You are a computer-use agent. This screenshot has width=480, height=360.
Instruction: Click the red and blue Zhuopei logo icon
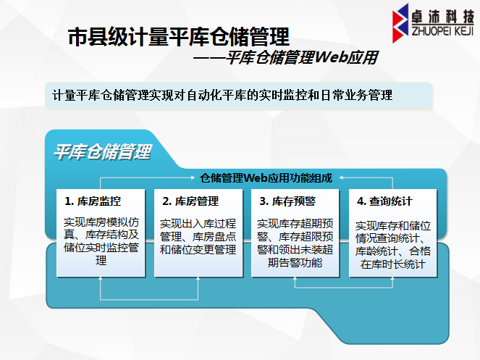[400, 23]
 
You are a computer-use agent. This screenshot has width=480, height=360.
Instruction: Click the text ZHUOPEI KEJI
[442, 31]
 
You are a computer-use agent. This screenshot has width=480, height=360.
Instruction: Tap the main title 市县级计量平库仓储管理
[179, 37]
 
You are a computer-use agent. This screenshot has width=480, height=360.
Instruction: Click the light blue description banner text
[222, 96]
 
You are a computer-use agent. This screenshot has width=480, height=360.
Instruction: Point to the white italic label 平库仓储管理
[103, 151]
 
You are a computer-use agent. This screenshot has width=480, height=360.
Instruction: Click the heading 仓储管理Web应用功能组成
[266, 177]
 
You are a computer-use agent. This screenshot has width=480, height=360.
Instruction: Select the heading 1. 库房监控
[93, 201]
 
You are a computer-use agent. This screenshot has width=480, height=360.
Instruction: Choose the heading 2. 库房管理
[190, 201]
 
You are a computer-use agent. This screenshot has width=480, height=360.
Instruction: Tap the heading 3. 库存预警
[287, 201]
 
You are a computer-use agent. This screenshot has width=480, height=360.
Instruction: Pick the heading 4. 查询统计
[384, 201]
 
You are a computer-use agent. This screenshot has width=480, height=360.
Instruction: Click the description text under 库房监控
[101, 241]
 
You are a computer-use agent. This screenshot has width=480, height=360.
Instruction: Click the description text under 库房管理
[198, 237]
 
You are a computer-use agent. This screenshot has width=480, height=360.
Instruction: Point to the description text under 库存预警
[295, 243]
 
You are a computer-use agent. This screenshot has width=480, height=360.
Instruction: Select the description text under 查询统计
[393, 245]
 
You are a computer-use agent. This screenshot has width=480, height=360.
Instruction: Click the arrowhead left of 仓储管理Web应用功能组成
[193, 177]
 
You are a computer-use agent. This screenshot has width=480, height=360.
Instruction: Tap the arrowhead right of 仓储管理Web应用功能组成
[341, 177]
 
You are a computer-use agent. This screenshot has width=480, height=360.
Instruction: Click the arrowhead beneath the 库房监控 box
[101, 278]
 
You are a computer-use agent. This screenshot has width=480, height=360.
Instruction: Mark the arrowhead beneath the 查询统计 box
[392, 278]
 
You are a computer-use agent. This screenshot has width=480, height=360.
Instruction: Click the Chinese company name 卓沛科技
[442, 16]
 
